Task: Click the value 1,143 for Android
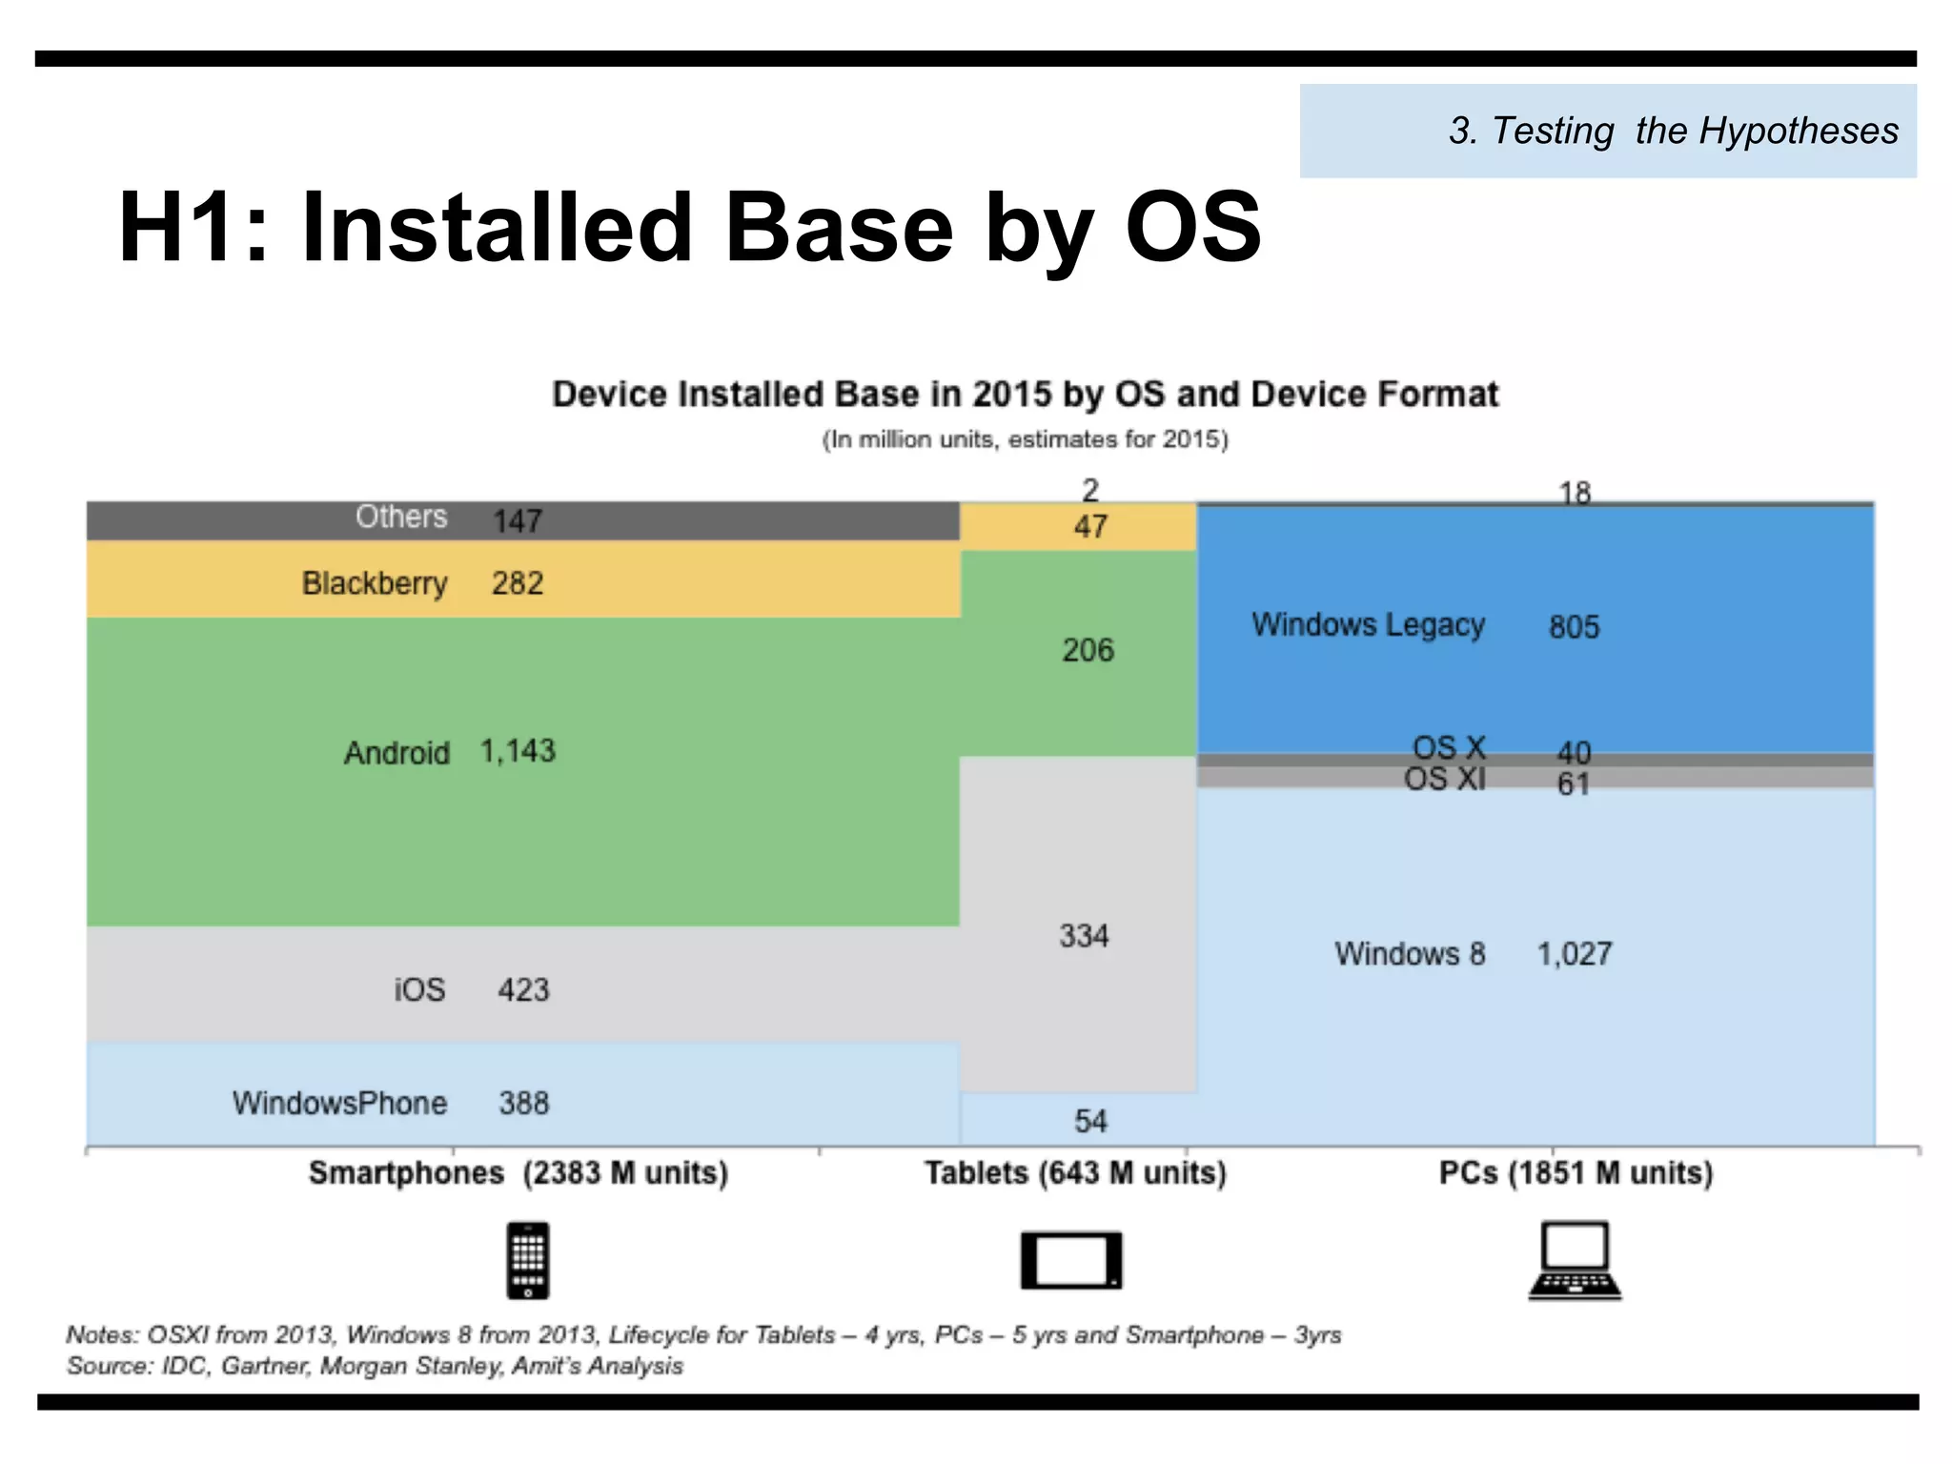[518, 751]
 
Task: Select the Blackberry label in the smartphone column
[375, 582]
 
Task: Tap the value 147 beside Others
[518, 520]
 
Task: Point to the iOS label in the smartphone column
[419, 989]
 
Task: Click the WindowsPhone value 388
[524, 1103]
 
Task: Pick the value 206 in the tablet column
[1088, 650]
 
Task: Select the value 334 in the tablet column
[1084, 935]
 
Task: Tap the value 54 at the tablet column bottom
[1090, 1120]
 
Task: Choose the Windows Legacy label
[1368, 624]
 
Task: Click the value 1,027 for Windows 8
[1574, 953]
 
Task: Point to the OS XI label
[1444, 779]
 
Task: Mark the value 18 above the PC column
[1575, 493]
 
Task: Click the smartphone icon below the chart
[528, 1260]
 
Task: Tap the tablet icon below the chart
[1071, 1260]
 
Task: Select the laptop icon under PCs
[1575, 1260]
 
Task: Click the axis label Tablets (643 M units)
[1075, 1172]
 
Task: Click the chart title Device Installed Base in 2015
[1025, 394]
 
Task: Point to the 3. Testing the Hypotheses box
[1607, 131]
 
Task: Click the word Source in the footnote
[109, 1366]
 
